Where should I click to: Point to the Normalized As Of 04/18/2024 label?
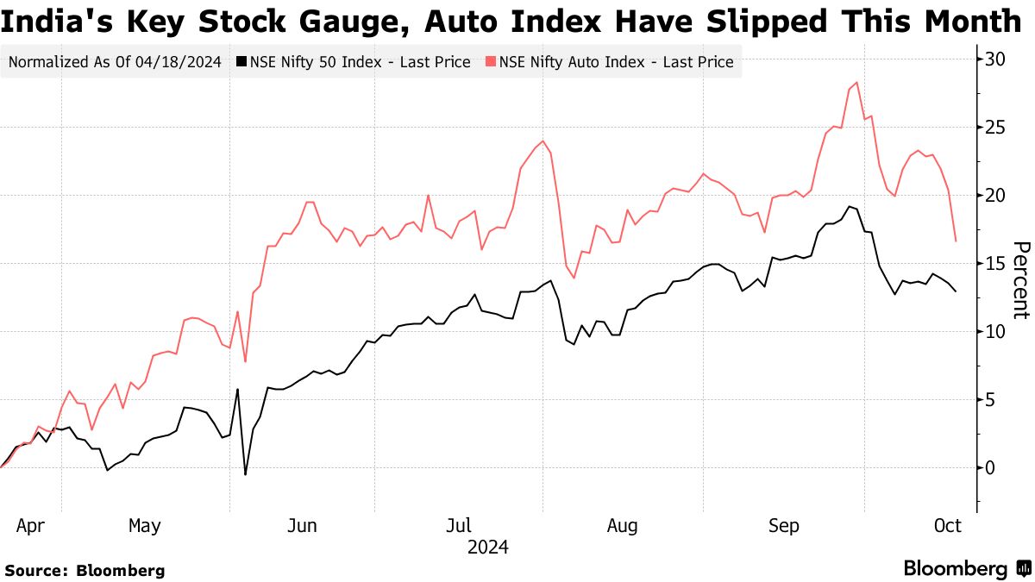(x=115, y=62)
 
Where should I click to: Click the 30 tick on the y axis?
(x=996, y=59)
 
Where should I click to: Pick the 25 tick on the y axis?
(x=996, y=128)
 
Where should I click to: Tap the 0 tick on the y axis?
(x=991, y=468)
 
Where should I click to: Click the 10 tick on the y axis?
(x=996, y=332)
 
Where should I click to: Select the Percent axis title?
(x=1019, y=280)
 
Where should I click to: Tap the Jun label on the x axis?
(x=303, y=525)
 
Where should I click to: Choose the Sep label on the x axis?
(x=784, y=525)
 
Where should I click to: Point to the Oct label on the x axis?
(x=947, y=525)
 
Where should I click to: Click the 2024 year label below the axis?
(x=487, y=548)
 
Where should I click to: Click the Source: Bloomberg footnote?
(x=85, y=570)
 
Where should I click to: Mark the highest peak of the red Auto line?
(x=856, y=83)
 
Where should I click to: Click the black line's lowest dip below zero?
(x=245, y=474)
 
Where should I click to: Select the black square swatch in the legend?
(x=241, y=62)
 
